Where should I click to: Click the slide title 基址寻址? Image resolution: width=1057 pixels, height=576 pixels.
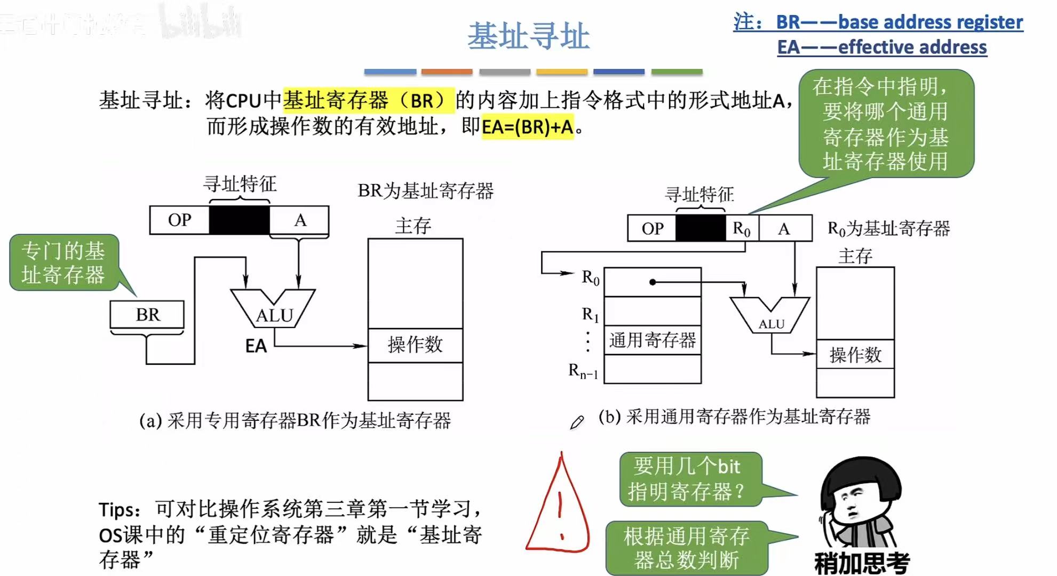(528, 36)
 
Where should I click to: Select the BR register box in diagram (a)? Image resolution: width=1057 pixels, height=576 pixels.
(147, 315)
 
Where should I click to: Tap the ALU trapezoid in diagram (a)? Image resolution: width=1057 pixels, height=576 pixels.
(273, 309)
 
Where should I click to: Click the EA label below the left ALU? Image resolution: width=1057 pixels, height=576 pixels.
(256, 346)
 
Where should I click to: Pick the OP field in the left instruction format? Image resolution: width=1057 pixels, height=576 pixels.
(179, 220)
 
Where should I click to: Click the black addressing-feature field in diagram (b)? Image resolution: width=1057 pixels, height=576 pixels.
(701, 228)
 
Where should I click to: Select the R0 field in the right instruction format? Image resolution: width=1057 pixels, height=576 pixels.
(742, 228)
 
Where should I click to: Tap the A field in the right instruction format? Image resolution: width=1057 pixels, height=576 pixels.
(784, 228)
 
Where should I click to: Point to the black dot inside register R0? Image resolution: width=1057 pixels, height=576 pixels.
(653, 282)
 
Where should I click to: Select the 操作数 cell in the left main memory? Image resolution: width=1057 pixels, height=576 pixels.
(415, 345)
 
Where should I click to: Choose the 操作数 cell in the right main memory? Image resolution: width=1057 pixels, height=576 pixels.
(855, 355)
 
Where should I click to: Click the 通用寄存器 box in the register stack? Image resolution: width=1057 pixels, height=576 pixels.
(652, 340)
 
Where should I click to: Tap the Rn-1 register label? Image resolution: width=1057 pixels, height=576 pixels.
(583, 370)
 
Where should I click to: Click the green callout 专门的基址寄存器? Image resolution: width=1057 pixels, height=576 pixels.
(63, 263)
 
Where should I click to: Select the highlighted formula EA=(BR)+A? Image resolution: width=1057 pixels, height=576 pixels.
(527, 127)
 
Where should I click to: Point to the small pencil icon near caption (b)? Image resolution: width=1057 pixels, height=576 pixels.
(577, 422)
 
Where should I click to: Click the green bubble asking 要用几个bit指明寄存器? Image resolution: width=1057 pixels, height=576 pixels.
(690, 479)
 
